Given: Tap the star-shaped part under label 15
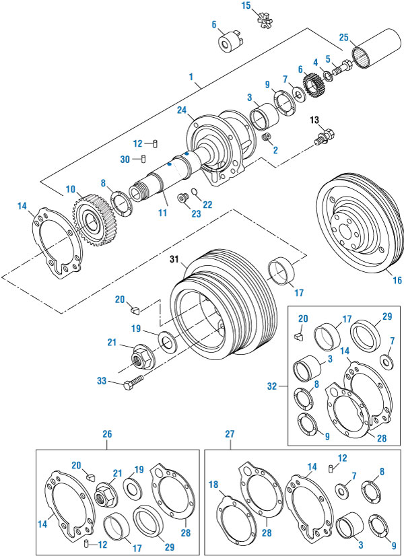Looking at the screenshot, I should pyautogui.click(x=265, y=20).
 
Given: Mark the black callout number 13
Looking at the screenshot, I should pyautogui.click(x=313, y=120).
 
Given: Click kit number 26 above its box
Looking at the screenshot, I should pyautogui.click(x=106, y=435).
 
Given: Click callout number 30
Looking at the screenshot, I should pyautogui.click(x=124, y=160).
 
